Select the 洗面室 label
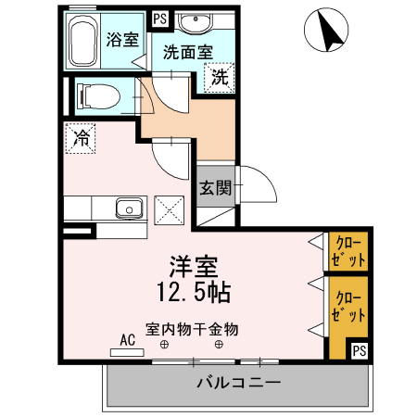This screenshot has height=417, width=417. (188, 53)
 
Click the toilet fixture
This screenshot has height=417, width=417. (96, 95)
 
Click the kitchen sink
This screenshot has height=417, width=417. (127, 208)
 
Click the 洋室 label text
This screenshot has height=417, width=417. (193, 267)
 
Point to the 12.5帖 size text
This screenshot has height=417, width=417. (193, 293)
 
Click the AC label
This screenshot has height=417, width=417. (128, 339)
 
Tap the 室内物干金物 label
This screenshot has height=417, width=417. (192, 328)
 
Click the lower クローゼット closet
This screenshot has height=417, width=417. (348, 306)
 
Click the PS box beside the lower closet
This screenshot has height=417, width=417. (359, 349)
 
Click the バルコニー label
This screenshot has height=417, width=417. (237, 383)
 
